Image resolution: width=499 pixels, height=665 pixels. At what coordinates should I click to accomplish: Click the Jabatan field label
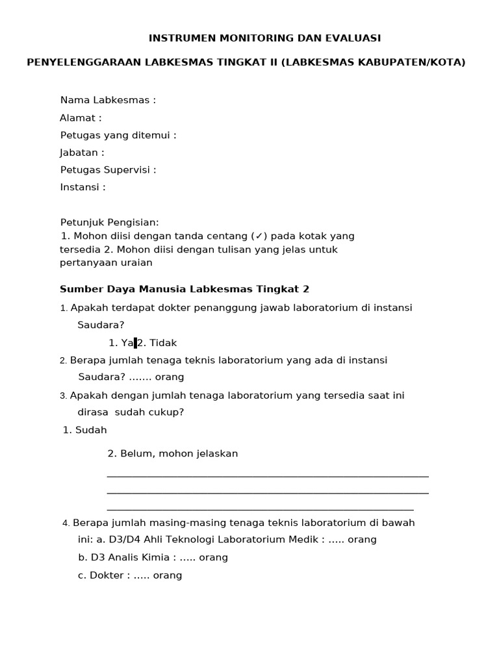82,153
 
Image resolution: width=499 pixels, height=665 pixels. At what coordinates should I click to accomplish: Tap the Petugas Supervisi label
108,170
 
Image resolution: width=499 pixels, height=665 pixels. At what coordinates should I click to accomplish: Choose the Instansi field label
83,187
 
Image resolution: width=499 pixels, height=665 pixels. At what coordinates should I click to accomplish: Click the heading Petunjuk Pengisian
109,222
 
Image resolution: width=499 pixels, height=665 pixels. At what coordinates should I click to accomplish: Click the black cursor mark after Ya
135,343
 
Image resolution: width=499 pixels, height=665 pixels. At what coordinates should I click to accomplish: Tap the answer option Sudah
90,430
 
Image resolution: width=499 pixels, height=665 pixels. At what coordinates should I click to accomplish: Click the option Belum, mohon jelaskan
179,453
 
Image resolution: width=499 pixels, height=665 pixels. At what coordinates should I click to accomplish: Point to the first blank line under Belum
268,476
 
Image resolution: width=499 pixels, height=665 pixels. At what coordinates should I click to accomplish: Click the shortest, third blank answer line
260,510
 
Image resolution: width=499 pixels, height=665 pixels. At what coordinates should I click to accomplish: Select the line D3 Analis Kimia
153,557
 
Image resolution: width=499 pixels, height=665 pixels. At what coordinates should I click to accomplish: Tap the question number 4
66,523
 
